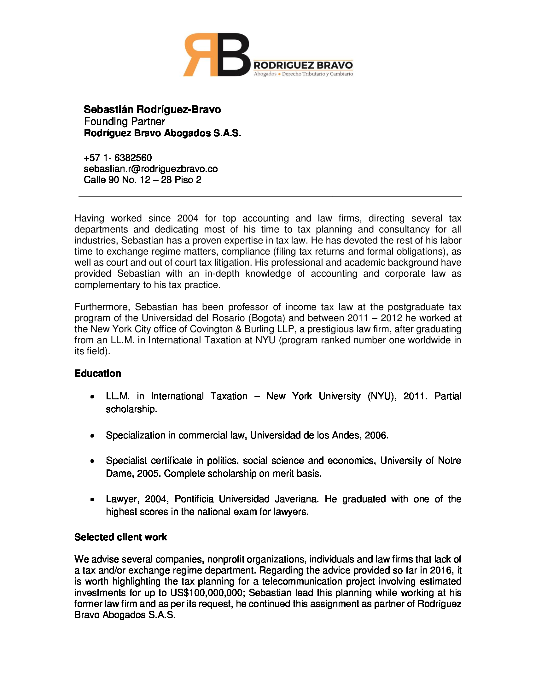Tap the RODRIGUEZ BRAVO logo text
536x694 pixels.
303,66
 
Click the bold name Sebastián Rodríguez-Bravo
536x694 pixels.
152,109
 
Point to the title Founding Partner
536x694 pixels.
124,121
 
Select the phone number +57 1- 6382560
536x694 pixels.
118,158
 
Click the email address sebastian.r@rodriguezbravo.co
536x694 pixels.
150,169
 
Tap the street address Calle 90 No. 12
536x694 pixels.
142,180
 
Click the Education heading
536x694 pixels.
97,373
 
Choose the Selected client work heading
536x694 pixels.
120,537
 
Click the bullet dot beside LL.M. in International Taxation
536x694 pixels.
92,397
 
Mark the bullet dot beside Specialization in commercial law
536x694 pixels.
92,436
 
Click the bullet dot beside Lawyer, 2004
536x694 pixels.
92,499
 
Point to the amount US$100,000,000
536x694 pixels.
207,593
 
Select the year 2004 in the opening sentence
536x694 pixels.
188,218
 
